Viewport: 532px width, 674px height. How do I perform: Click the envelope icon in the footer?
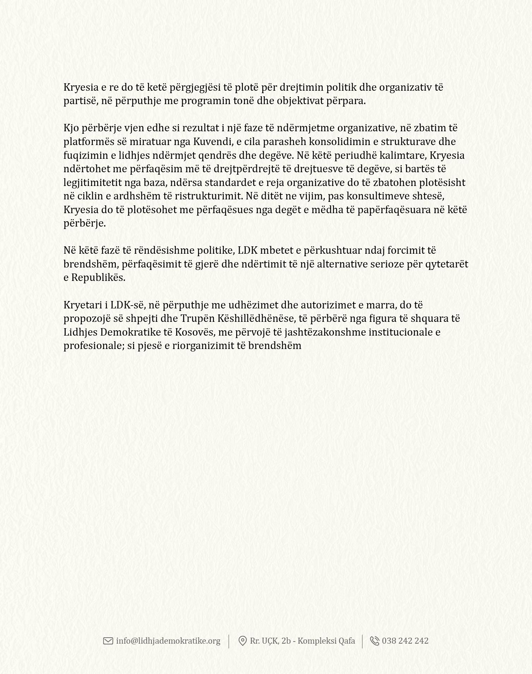[x=108, y=641]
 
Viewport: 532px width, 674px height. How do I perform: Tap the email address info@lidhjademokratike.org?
[x=168, y=641]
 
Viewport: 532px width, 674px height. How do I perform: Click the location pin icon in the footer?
[x=243, y=641]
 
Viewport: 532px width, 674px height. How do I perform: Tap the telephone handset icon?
[x=374, y=641]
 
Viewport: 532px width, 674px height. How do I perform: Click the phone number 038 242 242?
[x=405, y=641]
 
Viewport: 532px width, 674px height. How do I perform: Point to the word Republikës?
[x=98, y=277]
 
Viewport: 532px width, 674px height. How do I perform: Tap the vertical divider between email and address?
[x=229, y=641]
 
